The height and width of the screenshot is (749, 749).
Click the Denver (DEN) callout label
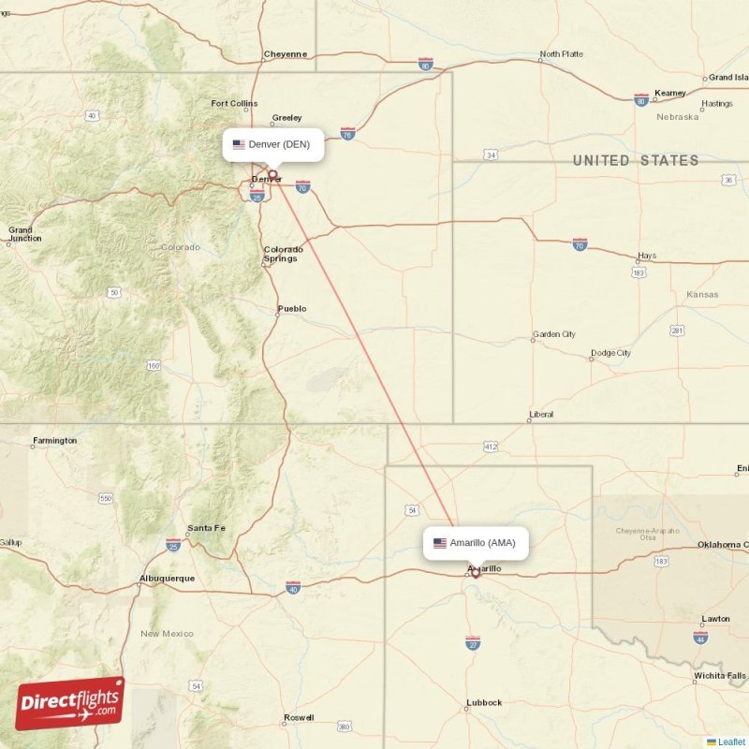(273, 144)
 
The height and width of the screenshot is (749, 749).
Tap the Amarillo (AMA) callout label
(476, 543)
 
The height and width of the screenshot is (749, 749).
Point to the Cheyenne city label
(286, 54)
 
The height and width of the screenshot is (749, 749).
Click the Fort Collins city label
(234, 104)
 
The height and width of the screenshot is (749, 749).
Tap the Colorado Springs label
(282, 254)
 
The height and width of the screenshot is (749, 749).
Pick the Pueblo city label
(291, 309)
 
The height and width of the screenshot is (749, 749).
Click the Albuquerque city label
(167, 579)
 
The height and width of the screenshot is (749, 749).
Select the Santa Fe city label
(206, 528)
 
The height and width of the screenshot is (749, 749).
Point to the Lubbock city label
(484, 702)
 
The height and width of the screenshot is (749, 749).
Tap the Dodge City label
(610, 354)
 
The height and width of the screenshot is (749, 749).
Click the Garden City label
(553, 334)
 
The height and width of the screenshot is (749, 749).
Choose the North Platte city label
(561, 54)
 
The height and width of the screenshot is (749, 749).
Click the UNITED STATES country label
(636, 161)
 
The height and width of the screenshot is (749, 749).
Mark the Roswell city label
(299, 718)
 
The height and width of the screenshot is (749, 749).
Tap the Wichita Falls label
(720, 675)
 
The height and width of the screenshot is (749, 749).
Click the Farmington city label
(54, 440)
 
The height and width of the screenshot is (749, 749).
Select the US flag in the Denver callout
(239, 144)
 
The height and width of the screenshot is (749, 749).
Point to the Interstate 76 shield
(347, 135)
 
